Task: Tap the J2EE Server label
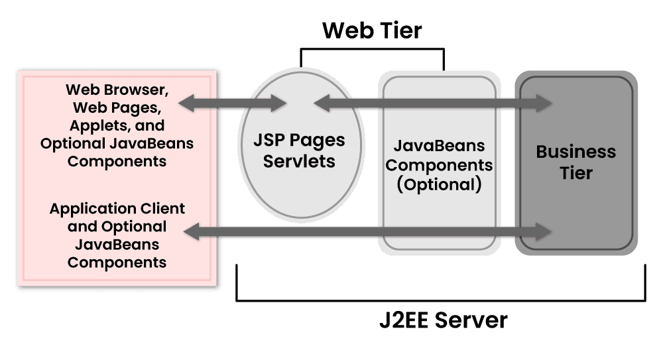click(443, 321)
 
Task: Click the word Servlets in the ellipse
click(300, 161)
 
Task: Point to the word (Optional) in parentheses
click(438, 184)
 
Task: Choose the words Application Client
click(117, 208)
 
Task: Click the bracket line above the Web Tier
click(372, 48)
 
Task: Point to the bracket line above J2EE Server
click(441, 300)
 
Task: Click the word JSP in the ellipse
click(269, 141)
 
